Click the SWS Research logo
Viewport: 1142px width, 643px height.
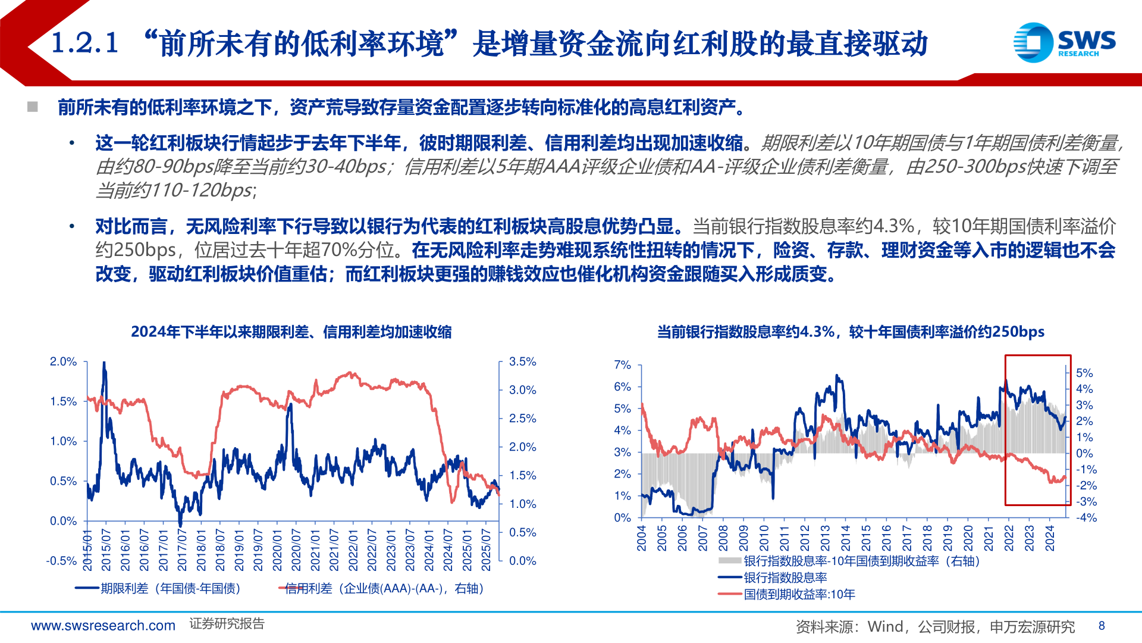pyautogui.click(x=1064, y=42)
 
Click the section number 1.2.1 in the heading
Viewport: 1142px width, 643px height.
pyautogui.click(x=85, y=43)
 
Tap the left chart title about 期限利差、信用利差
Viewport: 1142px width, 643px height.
pyautogui.click(x=291, y=332)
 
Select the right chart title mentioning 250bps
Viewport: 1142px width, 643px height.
pyautogui.click(x=851, y=332)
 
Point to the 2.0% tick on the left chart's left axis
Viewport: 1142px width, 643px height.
pyautogui.click(x=63, y=362)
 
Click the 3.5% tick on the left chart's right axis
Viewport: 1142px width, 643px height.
pyautogui.click(x=522, y=362)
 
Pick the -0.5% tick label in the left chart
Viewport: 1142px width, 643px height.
pyautogui.click(x=61, y=561)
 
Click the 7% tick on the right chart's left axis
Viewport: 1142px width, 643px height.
pyautogui.click(x=622, y=365)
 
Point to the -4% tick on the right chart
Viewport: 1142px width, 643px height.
pyautogui.click(x=1086, y=518)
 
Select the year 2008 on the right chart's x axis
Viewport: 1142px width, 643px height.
pyautogui.click(x=723, y=538)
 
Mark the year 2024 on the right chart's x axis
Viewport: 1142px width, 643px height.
pyautogui.click(x=1050, y=538)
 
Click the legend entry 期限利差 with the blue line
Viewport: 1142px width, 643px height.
pyautogui.click(x=158, y=588)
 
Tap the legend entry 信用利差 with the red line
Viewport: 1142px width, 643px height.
pyautogui.click(x=381, y=588)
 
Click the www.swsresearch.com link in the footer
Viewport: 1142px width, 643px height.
pyautogui.click(x=103, y=626)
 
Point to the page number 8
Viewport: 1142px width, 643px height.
pyautogui.click(x=1102, y=626)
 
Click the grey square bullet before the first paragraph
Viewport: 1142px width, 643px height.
pyautogui.click(x=33, y=107)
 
